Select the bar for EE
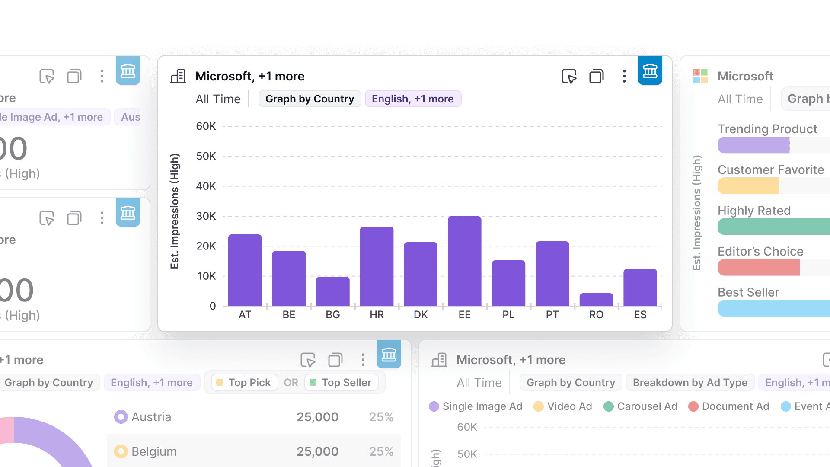(x=464, y=261)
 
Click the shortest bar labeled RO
(x=596, y=300)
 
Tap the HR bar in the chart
(x=377, y=266)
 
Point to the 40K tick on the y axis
(x=206, y=186)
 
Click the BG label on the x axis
(x=332, y=315)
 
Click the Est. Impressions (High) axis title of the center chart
(x=175, y=211)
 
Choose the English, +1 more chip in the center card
(x=412, y=99)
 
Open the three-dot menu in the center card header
(x=624, y=77)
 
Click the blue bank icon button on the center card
(x=650, y=71)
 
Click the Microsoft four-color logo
(x=700, y=77)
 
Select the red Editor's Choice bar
(x=758, y=268)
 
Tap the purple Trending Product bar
(x=753, y=145)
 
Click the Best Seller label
(x=748, y=292)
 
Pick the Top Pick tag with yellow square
(x=244, y=383)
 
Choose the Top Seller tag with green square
(x=341, y=383)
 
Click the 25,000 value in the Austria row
(x=317, y=417)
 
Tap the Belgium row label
(x=153, y=452)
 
